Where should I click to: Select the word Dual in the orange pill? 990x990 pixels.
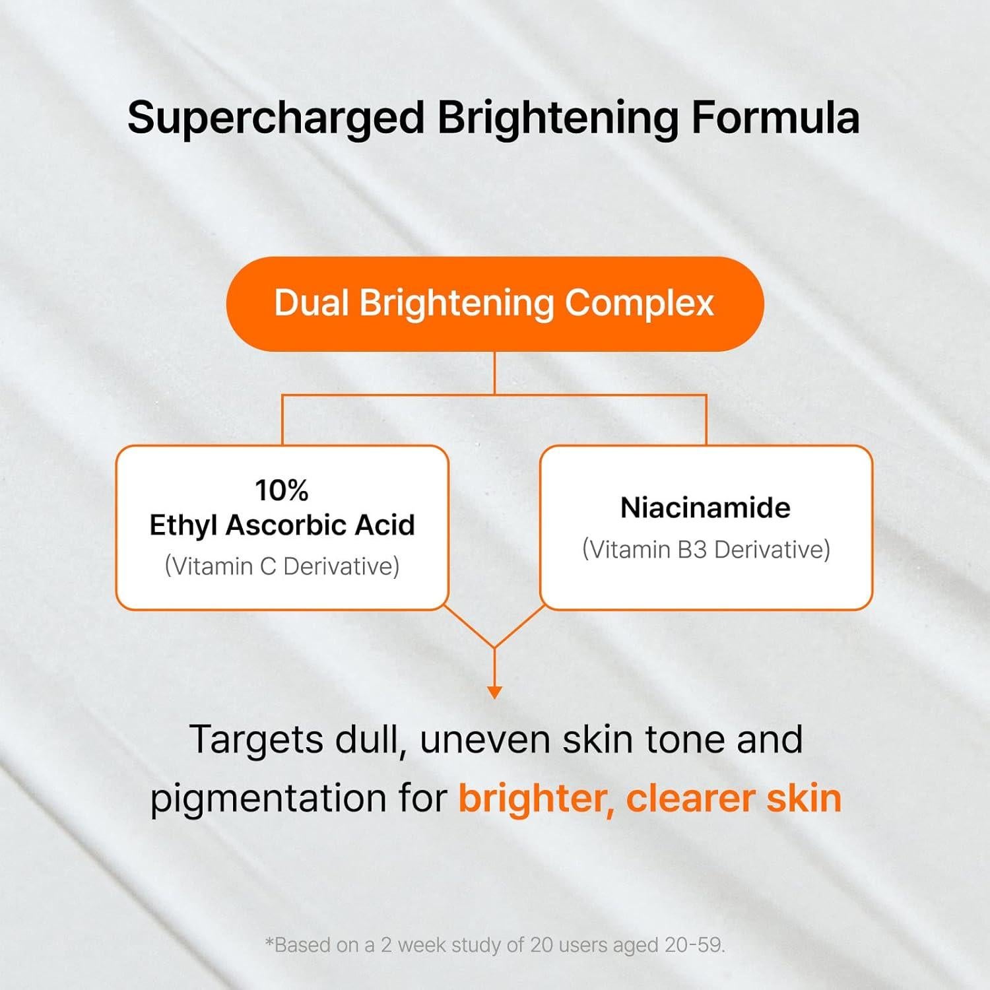coord(311,304)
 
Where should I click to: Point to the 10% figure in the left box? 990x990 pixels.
coord(282,490)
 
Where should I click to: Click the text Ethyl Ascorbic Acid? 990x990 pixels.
coord(282,525)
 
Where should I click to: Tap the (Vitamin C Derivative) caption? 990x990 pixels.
coord(282,566)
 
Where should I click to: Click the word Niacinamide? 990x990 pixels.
coord(706,508)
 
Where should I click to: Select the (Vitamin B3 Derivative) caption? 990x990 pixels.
coord(706,549)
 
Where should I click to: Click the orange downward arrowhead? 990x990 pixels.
coord(494,692)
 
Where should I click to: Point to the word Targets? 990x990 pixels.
coord(256,739)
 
